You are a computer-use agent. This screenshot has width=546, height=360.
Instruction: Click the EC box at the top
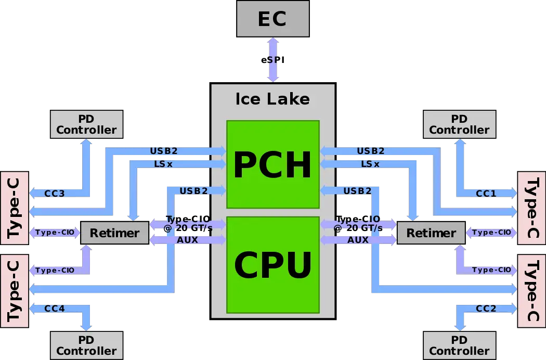(273, 19)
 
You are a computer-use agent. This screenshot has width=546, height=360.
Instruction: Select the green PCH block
(272, 164)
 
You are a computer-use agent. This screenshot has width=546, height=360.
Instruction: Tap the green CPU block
(272, 265)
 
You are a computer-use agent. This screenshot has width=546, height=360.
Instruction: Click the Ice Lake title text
(272, 99)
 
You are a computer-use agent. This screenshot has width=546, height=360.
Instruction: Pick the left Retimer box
(114, 233)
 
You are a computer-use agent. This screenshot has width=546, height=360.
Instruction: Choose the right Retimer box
(431, 233)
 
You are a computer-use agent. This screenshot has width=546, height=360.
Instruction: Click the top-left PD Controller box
(87, 124)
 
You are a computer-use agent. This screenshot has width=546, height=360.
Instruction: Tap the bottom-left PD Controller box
(87, 345)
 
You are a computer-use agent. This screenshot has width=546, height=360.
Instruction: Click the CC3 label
(55, 194)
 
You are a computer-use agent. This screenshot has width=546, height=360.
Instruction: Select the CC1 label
(486, 194)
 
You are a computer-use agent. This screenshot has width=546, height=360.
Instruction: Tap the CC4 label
(55, 308)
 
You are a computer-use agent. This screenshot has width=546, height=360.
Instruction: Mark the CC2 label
(486, 308)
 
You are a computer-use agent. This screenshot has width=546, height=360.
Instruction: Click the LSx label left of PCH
(164, 164)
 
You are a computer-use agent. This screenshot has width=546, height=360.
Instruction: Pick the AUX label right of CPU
(358, 240)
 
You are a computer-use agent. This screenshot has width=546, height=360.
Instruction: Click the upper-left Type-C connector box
(14, 208)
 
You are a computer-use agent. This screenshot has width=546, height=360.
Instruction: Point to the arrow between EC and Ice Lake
(272, 60)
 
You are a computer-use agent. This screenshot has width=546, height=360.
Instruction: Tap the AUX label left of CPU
(188, 240)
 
